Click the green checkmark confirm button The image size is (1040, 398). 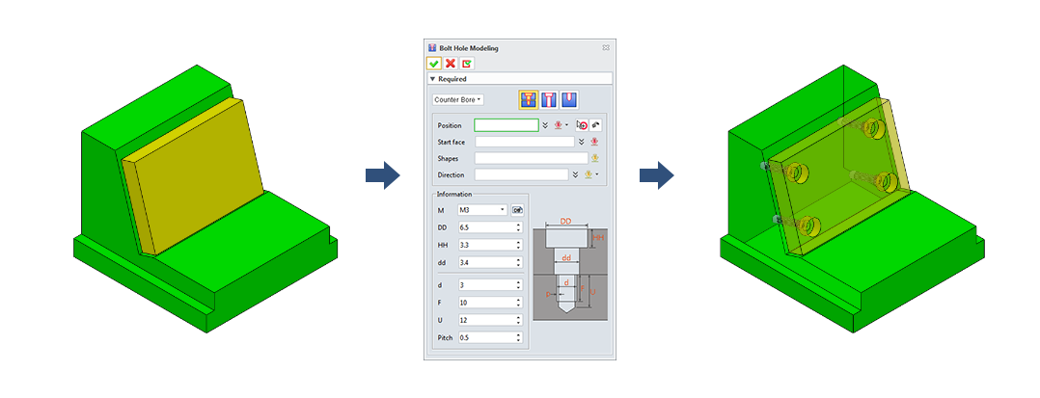click(434, 64)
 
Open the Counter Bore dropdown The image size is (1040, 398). click(457, 100)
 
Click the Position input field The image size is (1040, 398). click(506, 125)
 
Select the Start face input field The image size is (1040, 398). click(525, 142)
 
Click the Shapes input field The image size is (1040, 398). click(532, 158)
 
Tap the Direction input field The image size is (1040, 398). click(521, 174)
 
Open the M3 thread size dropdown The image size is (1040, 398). click(482, 210)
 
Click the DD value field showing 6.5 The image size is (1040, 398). click(489, 227)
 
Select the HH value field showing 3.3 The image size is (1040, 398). click(489, 245)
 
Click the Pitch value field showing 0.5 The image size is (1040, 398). click(489, 337)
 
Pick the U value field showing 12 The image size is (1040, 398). click(489, 320)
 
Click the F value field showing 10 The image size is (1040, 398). click(489, 303)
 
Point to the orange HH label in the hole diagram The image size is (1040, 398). click(598, 237)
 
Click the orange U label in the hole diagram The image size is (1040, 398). click(593, 291)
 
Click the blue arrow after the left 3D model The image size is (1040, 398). click(383, 175)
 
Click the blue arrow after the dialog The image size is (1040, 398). click(657, 175)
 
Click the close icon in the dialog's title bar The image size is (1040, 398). click(606, 47)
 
